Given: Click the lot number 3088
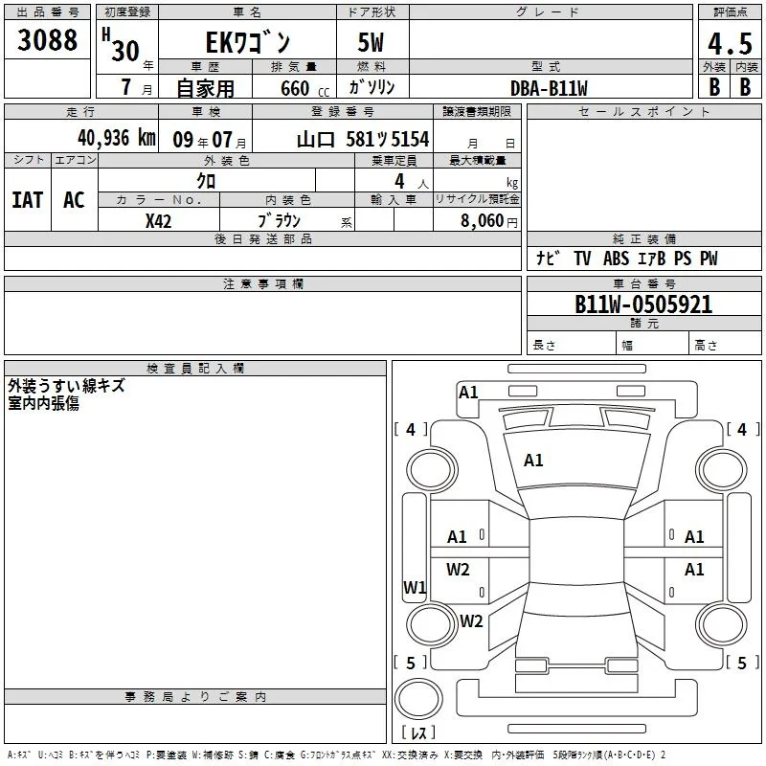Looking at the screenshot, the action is pyautogui.click(x=47, y=40).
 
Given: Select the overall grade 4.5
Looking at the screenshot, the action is pyautogui.click(x=730, y=44).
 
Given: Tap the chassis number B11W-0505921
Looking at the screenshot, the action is pyautogui.click(x=643, y=304).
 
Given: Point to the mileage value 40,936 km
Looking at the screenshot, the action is pyautogui.click(x=117, y=138).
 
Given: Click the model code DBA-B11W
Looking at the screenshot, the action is pyautogui.click(x=549, y=88).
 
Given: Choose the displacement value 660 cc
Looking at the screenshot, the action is pyautogui.click(x=304, y=89).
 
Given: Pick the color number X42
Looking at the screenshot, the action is pyautogui.click(x=158, y=221).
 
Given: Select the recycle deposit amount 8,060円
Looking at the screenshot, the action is pyautogui.click(x=489, y=221).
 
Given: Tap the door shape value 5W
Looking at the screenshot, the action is pyautogui.click(x=371, y=43).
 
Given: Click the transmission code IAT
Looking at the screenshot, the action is pyautogui.click(x=28, y=200).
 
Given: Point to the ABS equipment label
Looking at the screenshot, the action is pyautogui.click(x=616, y=259).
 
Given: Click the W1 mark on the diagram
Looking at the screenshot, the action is pyautogui.click(x=415, y=587).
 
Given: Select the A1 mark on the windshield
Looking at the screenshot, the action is pyautogui.click(x=533, y=461).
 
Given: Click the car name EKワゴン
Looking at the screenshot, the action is pyautogui.click(x=248, y=42).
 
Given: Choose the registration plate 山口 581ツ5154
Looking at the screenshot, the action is pyautogui.click(x=363, y=140).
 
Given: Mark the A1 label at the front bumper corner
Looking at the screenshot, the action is pyautogui.click(x=468, y=393).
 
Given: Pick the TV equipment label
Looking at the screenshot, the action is pyautogui.click(x=582, y=259).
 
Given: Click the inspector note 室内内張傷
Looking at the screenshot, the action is pyautogui.click(x=43, y=403).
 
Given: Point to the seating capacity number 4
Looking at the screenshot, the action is pyautogui.click(x=399, y=181).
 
